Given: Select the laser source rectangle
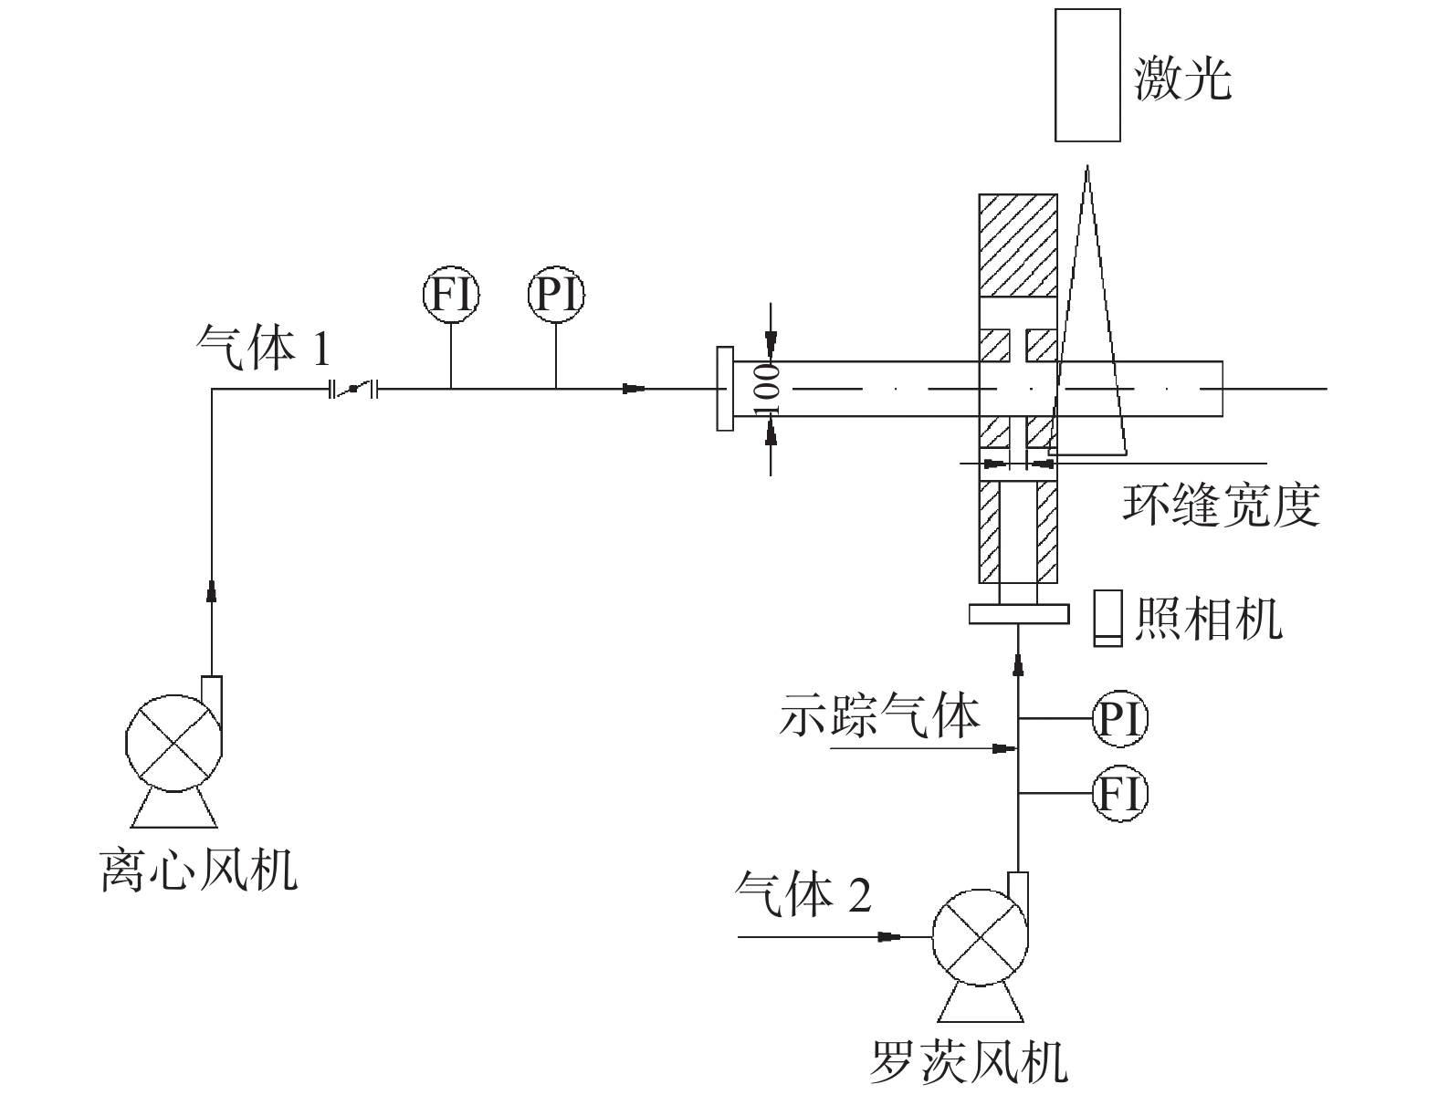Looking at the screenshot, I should pos(1087,75).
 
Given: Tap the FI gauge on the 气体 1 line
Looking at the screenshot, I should pos(451,294).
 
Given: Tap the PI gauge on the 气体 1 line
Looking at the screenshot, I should pos(556,294).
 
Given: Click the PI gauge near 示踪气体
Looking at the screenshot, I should pos(1119,719).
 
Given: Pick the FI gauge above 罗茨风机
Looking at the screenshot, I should pos(1119,793).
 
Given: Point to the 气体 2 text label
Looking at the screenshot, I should pos(803,893).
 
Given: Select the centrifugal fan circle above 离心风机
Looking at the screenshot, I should pos(173,741).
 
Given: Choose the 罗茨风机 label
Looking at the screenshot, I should pos(970,1063).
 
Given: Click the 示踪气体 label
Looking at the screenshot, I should pos(879,716).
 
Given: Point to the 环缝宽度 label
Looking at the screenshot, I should pos(1221,504).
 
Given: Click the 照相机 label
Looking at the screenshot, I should pos(1208,619).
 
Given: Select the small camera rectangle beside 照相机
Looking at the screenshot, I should pos(1108,617).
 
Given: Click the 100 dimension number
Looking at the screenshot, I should pos(769,389).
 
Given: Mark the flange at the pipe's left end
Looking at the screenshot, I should pos(725,389).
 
